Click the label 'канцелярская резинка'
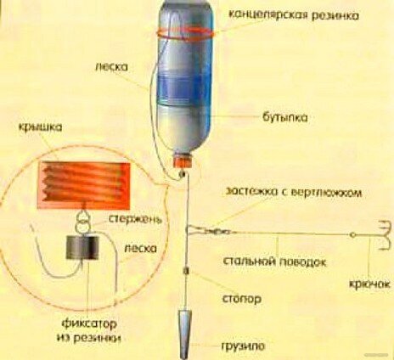pyautogui.click(x=294, y=15)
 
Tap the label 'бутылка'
pyautogui.click(x=285, y=117)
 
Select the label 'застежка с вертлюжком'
pyautogui.click(x=294, y=193)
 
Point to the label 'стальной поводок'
pyautogui.click(x=274, y=262)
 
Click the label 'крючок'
pyautogui.click(x=370, y=284)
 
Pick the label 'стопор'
pyautogui.click(x=242, y=299)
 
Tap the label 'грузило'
pyautogui.click(x=243, y=346)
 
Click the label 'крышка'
pyautogui.click(x=40, y=127)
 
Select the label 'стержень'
pyautogui.click(x=135, y=219)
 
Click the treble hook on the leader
pyautogui.click(x=383, y=235)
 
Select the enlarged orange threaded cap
pyautogui.click(x=84, y=185)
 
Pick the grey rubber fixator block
pyautogui.click(x=82, y=247)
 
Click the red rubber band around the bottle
pyautogui.click(x=186, y=33)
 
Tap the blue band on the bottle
pyautogui.click(x=185, y=87)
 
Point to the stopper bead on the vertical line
pyautogui.click(x=186, y=271)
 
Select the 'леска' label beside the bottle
pyautogui.click(x=112, y=66)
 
